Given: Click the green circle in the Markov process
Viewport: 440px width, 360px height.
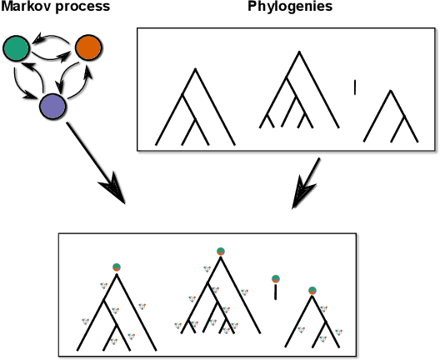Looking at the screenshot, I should pyautogui.click(x=16, y=49).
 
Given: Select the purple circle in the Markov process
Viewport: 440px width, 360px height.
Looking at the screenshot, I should pyautogui.click(x=53, y=107).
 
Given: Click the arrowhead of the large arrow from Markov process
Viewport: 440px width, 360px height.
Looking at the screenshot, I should pyautogui.click(x=116, y=196).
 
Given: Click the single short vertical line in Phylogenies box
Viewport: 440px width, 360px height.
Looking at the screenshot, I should pyautogui.click(x=355, y=87).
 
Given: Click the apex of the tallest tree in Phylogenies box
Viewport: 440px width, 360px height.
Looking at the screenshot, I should pyautogui.click(x=294, y=52).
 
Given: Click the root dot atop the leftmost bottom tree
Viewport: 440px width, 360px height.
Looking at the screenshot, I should pyautogui.click(x=117, y=267).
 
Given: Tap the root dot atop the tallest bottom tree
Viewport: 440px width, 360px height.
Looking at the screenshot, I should pyautogui.click(x=220, y=251).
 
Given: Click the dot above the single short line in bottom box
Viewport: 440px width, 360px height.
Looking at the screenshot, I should pyautogui.click(x=275, y=278).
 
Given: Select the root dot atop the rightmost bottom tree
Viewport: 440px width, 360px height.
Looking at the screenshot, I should pyautogui.click(x=312, y=291).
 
